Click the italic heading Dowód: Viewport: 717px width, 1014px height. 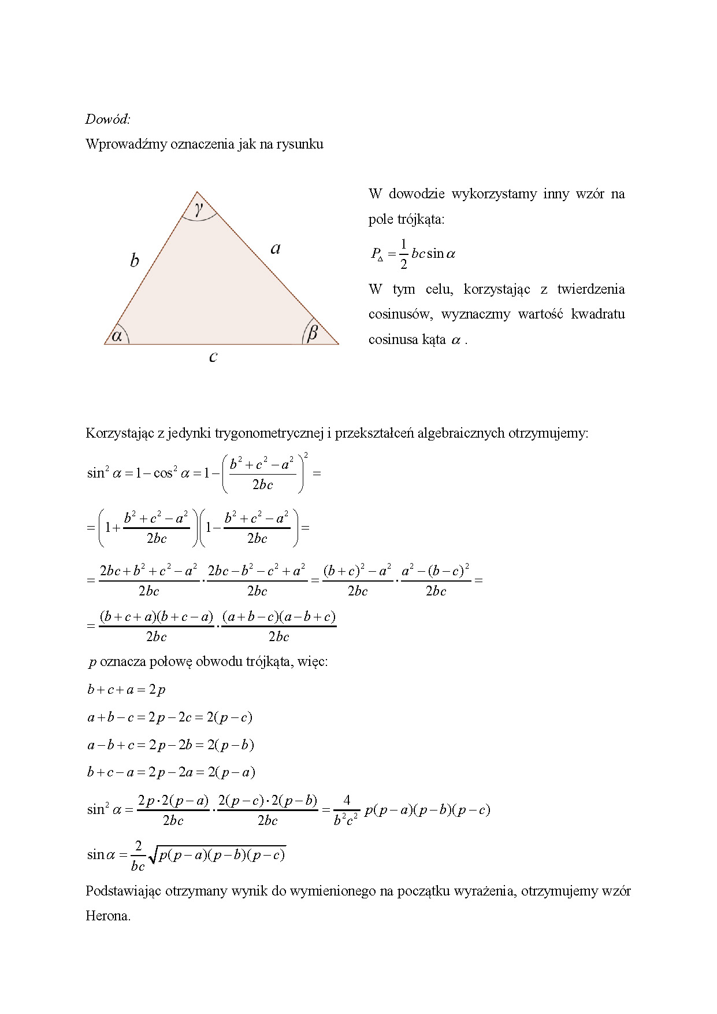(107, 119)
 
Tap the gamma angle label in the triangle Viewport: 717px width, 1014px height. (199, 208)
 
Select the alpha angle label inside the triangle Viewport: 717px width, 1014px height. (117, 335)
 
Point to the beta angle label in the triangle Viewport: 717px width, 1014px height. (312, 332)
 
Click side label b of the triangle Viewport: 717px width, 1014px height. (134, 260)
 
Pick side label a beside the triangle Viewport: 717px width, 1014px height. (276, 249)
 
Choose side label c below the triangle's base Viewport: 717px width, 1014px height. (213, 357)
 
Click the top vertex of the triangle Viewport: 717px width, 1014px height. (197, 192)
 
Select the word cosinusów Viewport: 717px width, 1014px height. (400, 314)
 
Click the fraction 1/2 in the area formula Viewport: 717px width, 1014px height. (403, 254)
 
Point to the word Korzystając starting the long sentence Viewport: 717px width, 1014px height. (120, 433)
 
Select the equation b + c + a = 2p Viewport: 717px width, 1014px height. (127, 690)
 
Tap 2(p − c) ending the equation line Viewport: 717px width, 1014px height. (229, 717)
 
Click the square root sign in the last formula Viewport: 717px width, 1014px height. (154, 854)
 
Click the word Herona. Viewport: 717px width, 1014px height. (108, 916)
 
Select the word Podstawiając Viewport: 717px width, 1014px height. (123, 891)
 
